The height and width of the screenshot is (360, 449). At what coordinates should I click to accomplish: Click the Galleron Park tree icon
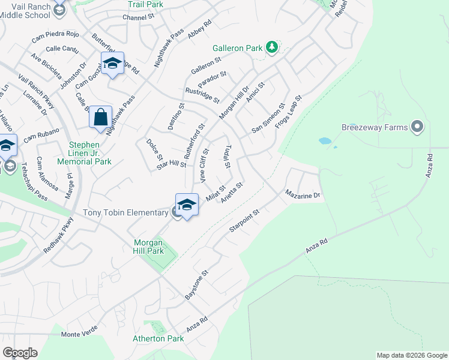pos(272,47)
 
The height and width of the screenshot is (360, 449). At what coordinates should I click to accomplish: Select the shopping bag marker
pos(101,117)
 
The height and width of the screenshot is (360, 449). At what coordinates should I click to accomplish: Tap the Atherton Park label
pos(158,339)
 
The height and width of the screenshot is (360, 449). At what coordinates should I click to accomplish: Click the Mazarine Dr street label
pos(303,195)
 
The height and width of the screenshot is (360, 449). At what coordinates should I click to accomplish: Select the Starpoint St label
pos(244,221)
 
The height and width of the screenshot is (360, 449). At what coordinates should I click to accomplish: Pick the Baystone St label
pos(196,285)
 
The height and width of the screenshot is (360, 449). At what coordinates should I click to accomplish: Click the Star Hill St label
pos(172,164)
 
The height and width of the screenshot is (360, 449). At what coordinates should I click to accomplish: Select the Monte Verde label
pos(79,334)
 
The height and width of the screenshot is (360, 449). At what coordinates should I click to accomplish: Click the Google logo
pos(20,352)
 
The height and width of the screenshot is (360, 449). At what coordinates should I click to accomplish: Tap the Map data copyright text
pos(411,355)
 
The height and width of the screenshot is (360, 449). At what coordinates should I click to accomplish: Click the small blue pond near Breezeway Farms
pos(325,142)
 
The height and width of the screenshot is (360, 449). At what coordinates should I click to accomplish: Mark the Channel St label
pos(139,18)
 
